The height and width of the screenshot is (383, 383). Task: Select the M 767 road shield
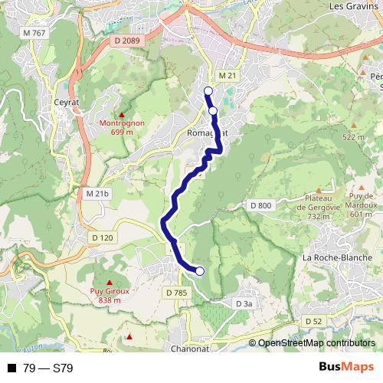click(x=35, y=33)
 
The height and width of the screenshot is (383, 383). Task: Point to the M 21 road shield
click(x=224, y=76)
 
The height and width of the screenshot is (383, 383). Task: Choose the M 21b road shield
click(x=99, y=194)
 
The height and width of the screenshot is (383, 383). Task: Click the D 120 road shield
click(x=102, y=237)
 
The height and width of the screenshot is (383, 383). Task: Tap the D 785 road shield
click(x=176, y=292)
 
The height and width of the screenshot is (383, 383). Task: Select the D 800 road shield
click(x=261, y=205)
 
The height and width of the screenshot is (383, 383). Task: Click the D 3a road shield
click(x=244, y=304)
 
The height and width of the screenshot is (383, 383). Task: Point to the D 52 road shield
click(x=313, y=321)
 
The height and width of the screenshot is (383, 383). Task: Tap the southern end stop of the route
click(x=200, y=270)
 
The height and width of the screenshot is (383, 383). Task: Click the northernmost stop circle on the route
click(x=208, y=91)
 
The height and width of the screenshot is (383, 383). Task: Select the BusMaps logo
click(x=345, y=367)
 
